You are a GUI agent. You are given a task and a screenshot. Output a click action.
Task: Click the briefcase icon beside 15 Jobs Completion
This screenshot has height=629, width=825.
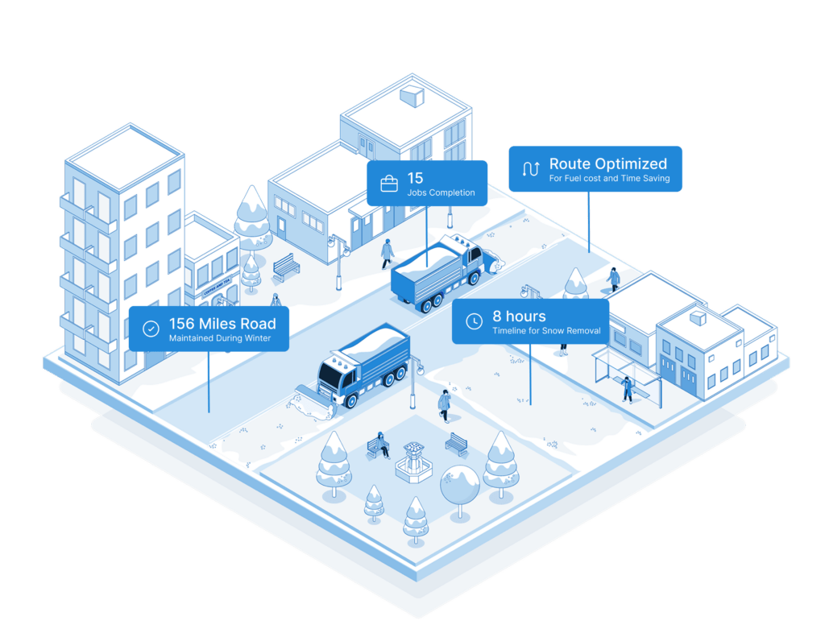click(x=389, y=184)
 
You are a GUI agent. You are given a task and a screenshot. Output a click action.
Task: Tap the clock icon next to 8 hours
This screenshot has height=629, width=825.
click(x=474, y=321)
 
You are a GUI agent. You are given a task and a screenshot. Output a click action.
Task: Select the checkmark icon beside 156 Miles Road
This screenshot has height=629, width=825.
click(x=151, y=329)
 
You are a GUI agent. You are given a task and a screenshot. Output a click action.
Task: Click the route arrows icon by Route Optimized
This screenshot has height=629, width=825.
click(x=531, y=169)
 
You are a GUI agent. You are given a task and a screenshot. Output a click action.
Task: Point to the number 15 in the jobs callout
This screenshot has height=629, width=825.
click(x=415, y=178)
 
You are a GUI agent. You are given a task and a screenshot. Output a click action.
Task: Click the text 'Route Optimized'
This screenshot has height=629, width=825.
click(x=608, y=163)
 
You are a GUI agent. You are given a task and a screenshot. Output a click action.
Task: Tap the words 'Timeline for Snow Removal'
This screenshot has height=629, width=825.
click(x=547, y=331)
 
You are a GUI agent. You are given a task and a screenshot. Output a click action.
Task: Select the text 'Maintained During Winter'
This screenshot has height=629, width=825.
click(x=220, y=338)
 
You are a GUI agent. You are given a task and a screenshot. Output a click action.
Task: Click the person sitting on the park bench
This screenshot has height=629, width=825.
click(x=380, y=445)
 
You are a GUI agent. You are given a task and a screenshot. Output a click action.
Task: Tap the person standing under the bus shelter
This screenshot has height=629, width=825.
click(x=627, y=390)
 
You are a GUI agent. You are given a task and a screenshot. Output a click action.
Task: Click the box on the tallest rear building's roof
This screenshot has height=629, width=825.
click(x=412, y=97)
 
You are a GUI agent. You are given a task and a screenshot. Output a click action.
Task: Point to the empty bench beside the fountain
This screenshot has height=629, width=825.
click(x=457, y=444)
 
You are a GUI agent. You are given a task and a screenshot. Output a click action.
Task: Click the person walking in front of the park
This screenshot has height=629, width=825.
click(x=445, y=406)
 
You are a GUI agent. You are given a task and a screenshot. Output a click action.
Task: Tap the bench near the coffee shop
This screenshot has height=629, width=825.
click(x=286, y=267)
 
